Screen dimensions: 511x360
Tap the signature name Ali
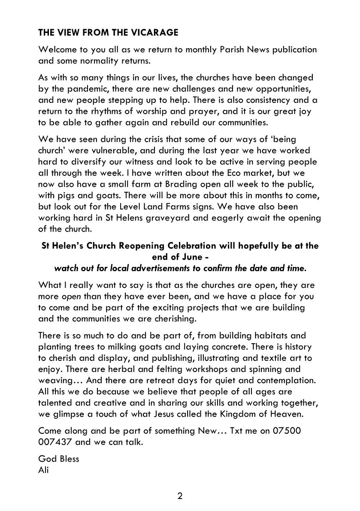coord(43,469)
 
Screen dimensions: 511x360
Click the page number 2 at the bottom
coord(180,496)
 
